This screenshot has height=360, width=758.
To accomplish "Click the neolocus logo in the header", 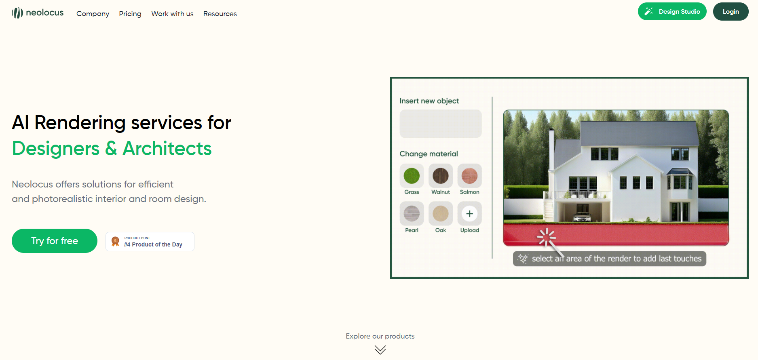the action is [38, 13].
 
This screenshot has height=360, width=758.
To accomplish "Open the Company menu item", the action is [93, 14].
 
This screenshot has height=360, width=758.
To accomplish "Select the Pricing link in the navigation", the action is [130, 14].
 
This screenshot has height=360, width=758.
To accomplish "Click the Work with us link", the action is [172, 14].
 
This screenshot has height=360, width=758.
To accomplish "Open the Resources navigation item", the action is [220, 14].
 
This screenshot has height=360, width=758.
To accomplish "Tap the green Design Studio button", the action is [672, 11].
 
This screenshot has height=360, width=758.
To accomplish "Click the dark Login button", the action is [731, 11].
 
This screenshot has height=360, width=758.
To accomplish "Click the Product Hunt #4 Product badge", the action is [150, 242].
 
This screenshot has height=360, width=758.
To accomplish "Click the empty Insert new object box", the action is [440, 124].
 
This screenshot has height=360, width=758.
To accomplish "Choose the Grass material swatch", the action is [412, 176].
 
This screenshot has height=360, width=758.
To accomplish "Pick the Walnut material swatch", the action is [441, 176].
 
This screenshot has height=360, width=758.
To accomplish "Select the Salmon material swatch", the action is [469, 176].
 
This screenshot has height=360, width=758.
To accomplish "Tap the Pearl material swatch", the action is [412, 214].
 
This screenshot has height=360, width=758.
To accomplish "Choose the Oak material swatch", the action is [441, 214].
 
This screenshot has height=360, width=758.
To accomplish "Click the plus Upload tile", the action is [469, 214].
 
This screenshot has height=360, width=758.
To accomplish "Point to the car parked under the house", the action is [582, 217].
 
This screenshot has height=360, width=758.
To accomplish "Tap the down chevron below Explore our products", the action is [380, 349].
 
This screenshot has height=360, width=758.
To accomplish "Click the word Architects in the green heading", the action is [167, 148].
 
